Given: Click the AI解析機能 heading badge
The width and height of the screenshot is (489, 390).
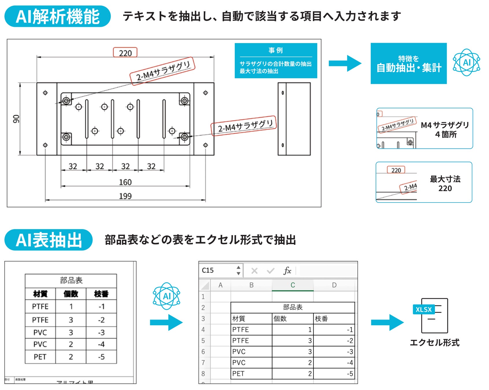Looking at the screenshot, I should [58, 16].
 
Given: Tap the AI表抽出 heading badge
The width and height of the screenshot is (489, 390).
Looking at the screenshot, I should [49, 240].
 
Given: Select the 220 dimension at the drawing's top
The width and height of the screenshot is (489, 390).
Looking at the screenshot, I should [125, 53].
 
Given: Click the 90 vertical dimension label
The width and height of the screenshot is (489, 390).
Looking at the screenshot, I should [16, 119].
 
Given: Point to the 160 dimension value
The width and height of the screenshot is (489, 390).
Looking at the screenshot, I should [125, 182].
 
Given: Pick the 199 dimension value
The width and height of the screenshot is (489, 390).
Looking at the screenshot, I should [125, 196].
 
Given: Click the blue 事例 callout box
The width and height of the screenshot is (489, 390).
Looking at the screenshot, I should [276, 61].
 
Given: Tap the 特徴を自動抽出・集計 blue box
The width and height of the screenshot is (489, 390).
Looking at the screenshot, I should [408, 64].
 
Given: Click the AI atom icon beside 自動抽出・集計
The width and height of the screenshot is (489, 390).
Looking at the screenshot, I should [466, 62].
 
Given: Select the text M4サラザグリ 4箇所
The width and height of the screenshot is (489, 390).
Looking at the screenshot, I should [445, 129].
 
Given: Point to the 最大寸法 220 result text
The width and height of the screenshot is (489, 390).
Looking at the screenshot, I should [445, 183].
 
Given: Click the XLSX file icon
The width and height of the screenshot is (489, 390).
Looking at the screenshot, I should [431, 315].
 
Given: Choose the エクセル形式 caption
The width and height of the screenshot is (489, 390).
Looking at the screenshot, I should [434, 343].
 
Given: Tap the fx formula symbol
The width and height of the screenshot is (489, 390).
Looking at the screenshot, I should [287, 271].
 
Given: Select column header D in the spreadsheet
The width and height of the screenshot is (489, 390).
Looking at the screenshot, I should [334, 285].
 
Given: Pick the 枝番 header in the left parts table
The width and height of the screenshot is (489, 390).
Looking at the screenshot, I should [101, 294].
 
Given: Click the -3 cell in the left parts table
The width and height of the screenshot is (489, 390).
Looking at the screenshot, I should [101, 333].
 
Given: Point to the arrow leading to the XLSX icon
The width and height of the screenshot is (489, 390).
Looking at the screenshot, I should [387, 322].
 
